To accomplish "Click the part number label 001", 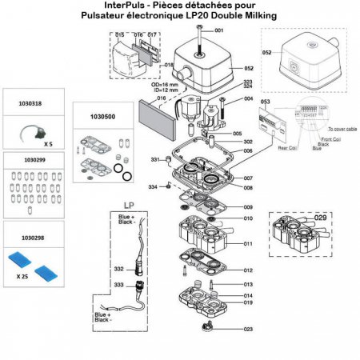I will click(219, 30).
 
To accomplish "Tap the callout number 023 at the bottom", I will click(249, 328).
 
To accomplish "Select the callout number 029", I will click(321, 218).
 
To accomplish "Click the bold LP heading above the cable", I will click(128, 205).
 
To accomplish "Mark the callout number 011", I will click(248, 242).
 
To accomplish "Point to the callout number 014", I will click(248, 295).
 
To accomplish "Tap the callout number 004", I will click(248, 99).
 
